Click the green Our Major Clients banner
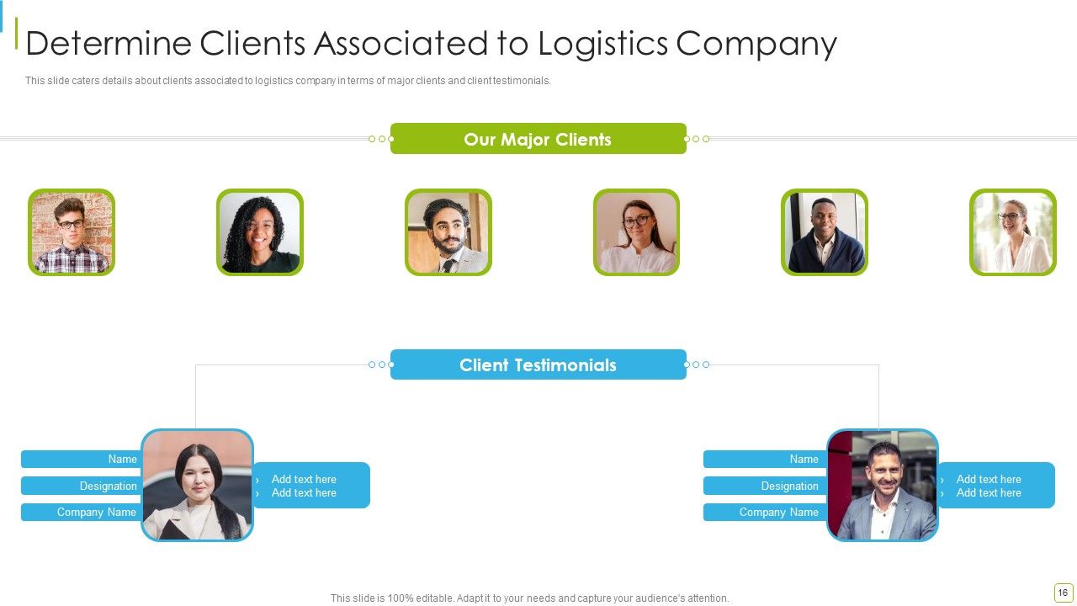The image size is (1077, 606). (538, 139)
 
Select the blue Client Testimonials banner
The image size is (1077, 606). (538, 364)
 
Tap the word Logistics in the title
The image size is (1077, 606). (602, 44)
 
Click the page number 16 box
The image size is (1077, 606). (1063, 593)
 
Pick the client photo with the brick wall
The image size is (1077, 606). (72, 232)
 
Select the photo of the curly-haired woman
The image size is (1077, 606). (260, 232)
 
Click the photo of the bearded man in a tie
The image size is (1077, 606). (448, 232)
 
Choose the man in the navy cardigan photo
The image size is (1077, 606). (825, 232)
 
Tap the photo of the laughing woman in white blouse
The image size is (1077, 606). (1013, 232)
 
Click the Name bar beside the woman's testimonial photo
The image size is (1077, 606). (81, 459)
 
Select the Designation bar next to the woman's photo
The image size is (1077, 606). (81, 486)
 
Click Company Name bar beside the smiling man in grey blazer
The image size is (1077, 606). (765, 513)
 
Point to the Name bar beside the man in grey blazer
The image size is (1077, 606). (765, 459)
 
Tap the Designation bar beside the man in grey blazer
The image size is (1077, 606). (765, 486)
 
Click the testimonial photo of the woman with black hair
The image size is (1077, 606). (197, 485)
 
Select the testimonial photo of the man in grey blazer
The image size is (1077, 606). (883, 485)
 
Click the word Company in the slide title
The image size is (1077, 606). (756, 45)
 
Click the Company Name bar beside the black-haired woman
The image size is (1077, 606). (81, 513)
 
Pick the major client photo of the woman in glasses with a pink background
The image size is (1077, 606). (637, 232)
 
